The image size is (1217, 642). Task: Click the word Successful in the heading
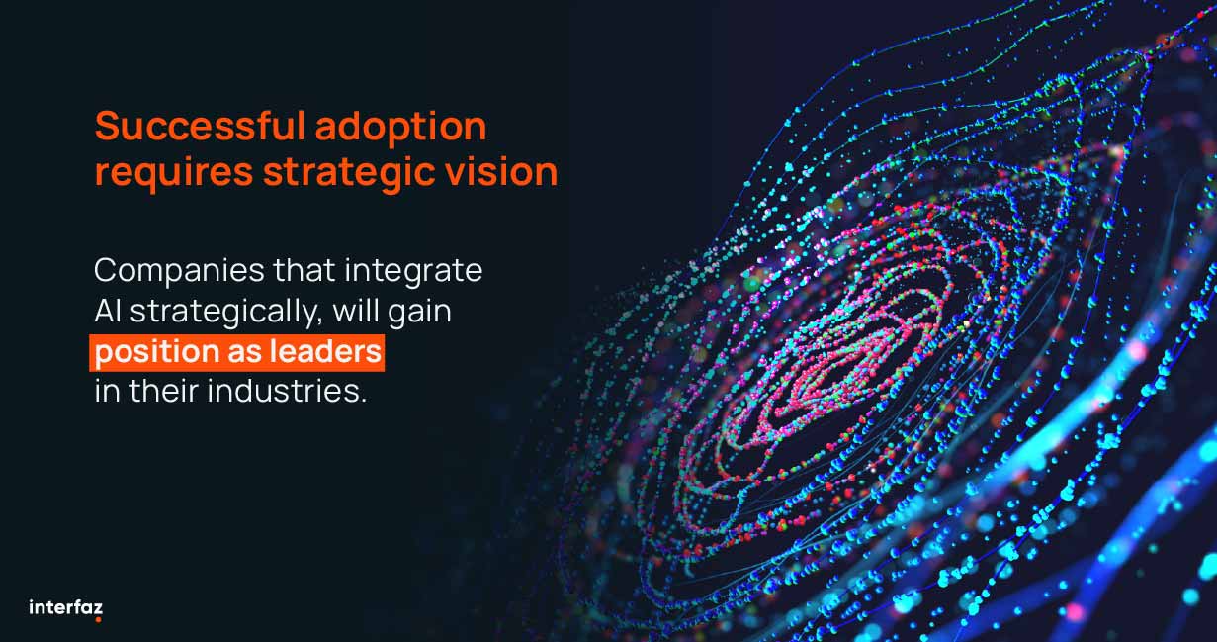point(200,126)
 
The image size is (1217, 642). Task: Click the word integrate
point(413,272)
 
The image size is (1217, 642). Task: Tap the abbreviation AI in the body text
point(108,312)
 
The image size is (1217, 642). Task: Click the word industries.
point(287,391)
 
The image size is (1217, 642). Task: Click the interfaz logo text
point(65,607)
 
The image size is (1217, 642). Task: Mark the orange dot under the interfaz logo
point(98,619)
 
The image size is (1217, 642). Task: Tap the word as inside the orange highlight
point(244,353)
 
